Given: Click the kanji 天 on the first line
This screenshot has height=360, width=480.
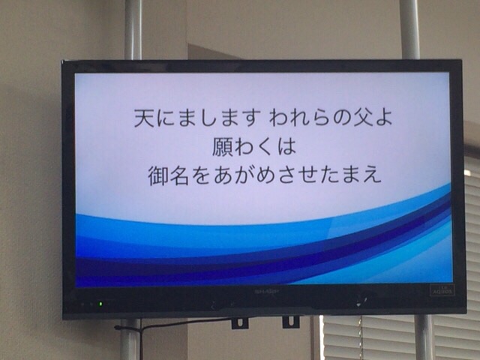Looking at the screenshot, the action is coord(145,118).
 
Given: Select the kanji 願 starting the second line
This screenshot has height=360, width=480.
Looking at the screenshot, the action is coord(222,147).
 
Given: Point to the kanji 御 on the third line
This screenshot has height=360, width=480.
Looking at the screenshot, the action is coord(158,176).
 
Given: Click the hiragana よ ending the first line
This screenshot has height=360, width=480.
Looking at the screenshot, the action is coord(382,118).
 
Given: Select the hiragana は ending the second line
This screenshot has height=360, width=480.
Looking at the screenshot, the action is coord(286,147).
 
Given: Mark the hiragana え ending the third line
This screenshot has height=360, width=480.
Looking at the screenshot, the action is coord(372,176).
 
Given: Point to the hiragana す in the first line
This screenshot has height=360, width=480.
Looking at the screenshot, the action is coord(251,118).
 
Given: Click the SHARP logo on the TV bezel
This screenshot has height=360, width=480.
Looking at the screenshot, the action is coord(267,292).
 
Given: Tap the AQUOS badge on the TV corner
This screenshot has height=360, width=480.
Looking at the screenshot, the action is coord(442,290).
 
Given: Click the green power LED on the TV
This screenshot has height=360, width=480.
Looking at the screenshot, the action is coord(100,304).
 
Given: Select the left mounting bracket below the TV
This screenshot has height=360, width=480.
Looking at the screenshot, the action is coord(240,323).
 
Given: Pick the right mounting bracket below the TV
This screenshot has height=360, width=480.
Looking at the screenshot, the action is coord(290,322).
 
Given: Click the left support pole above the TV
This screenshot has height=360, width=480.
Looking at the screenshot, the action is coord(133,30).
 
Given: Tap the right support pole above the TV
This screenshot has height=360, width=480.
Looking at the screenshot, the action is coord(409,29).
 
